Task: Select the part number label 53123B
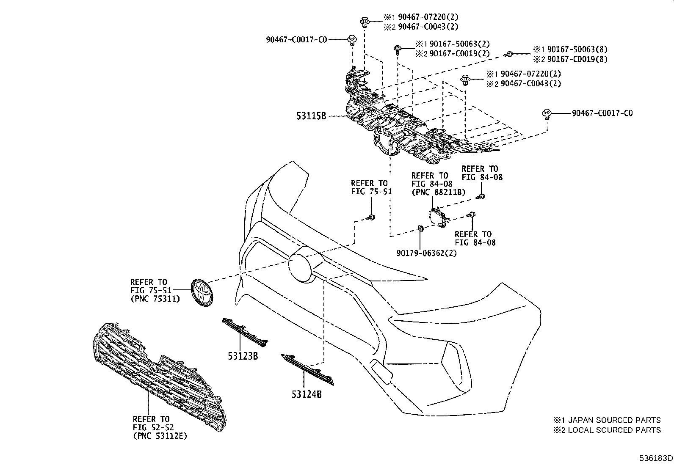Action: coord(243,356)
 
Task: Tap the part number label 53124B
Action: coord(307,394)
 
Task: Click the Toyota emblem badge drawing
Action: coord(202,292)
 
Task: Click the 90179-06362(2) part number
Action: coord(426,253)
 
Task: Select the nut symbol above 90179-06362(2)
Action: coord(420,229)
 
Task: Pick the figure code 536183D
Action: coord(656,458)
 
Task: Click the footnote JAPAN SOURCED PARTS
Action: coord(612,420)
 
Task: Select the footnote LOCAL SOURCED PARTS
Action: coord(612,430)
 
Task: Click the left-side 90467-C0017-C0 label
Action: coord(296,40)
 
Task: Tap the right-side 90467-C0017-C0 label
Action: coord(602,113)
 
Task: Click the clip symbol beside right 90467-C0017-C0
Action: coord(547,113)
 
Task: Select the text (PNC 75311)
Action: coord(155,299)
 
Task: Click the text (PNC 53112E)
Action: coord(160,436)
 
